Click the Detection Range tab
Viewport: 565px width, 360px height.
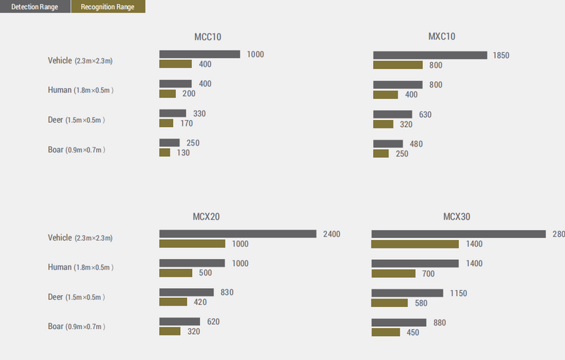[x=35, y=6]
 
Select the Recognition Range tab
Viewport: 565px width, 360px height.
[x=108, y=6]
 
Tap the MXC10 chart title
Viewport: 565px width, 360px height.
[x=442, y=37]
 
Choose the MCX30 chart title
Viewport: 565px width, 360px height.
[x=456, y=217]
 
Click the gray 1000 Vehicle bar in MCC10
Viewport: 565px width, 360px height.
[x=200, y=54]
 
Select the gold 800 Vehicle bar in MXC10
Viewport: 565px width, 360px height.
[x=398, y=65]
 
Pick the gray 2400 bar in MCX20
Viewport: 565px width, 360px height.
[x=237, y=234]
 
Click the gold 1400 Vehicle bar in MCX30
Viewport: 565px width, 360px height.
[x=415, y=244]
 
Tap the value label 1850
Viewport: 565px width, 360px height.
[x=501, y=55]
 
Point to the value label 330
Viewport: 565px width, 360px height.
[x=200, y=114]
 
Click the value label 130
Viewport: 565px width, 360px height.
[x=184, y=153]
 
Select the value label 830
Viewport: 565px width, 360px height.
[x=227, y=292]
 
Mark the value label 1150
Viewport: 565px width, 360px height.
[x=458, y=293]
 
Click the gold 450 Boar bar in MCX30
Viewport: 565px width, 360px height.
[x=386, y=332]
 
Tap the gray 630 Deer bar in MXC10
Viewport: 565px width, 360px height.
[x=392, y=114]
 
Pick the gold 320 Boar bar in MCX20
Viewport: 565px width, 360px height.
[x=169, y=331]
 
